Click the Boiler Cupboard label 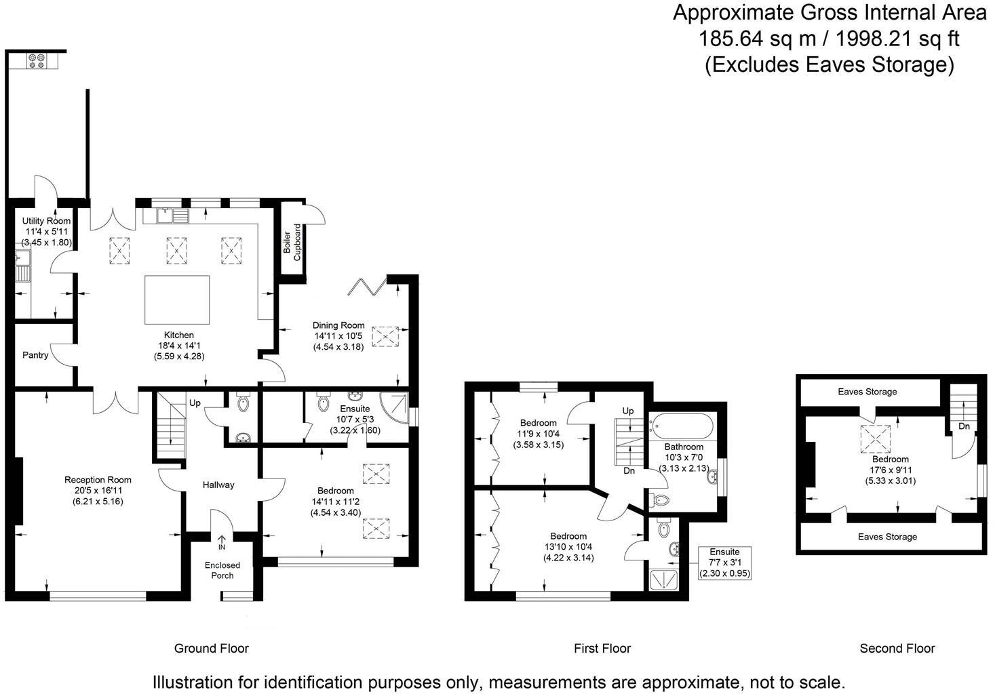[292, 243]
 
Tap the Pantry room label [35, 355]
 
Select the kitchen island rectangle [177, 300]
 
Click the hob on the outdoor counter [36, 61]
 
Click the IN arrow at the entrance [222, 542]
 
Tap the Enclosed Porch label [222, 570]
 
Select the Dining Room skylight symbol [385, 336]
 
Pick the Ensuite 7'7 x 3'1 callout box [725, 563]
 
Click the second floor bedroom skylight [877, 438]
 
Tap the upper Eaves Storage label [867, 392]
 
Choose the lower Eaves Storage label [887, 537]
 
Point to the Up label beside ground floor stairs [195, 403]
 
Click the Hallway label [218, 485]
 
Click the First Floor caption [602, 649]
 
